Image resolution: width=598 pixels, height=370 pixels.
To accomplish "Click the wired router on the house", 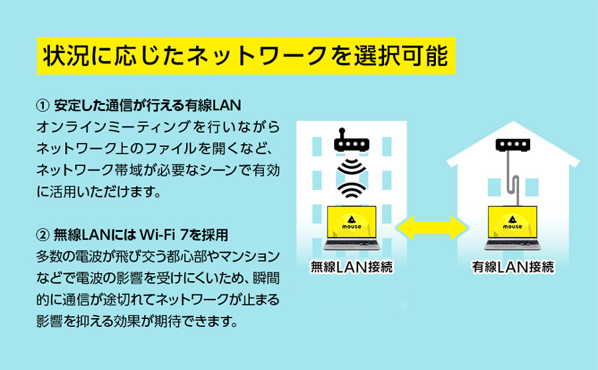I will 513,144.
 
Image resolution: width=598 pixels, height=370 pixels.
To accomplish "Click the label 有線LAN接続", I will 513,268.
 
